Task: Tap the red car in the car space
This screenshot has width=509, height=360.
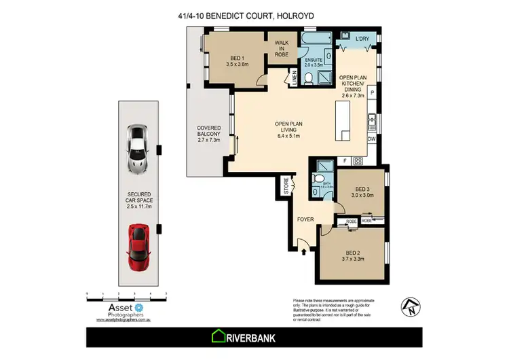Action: [139, 247]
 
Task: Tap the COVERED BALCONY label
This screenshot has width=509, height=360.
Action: [210, 133]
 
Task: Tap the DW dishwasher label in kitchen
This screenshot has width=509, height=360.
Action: [371, 139]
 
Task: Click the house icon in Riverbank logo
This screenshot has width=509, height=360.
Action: [221, 336]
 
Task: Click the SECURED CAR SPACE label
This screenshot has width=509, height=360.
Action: [139, 202]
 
